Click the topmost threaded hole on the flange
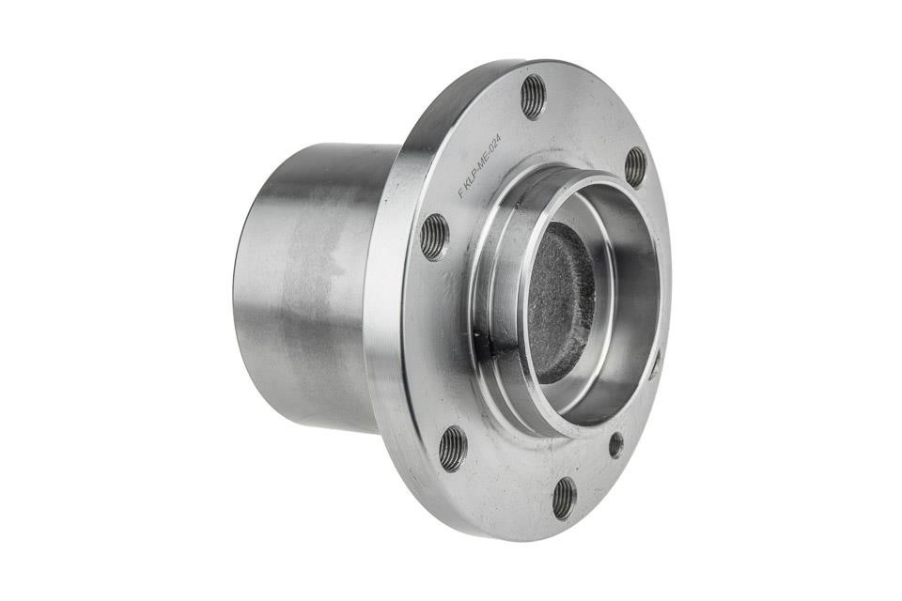point(535,98)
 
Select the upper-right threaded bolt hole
point(636,167)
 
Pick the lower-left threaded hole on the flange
point(452,449)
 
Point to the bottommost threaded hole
point(565,498)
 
